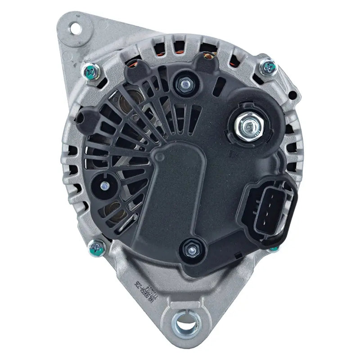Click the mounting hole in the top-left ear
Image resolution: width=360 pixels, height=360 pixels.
[73, 27]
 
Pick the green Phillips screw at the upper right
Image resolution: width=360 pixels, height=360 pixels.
[268, 67]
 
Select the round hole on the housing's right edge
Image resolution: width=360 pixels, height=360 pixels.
[293, 95]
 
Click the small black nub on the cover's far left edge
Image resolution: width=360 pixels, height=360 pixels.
[81, 118]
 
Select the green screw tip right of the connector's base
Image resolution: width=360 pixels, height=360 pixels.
[274, 248]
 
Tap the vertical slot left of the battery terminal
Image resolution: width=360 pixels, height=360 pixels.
[222, 87]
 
